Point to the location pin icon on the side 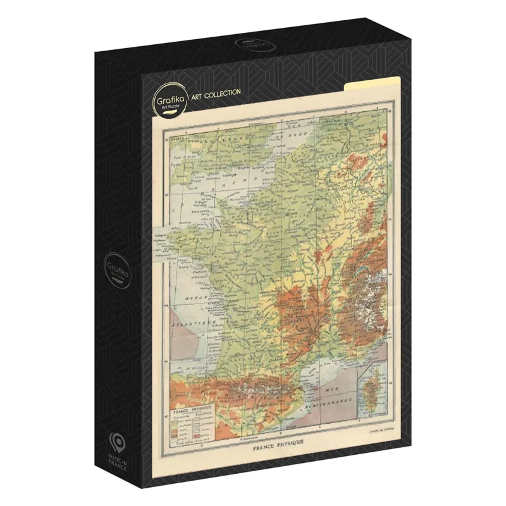click(116, 441)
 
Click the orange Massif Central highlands click(297, 316)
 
